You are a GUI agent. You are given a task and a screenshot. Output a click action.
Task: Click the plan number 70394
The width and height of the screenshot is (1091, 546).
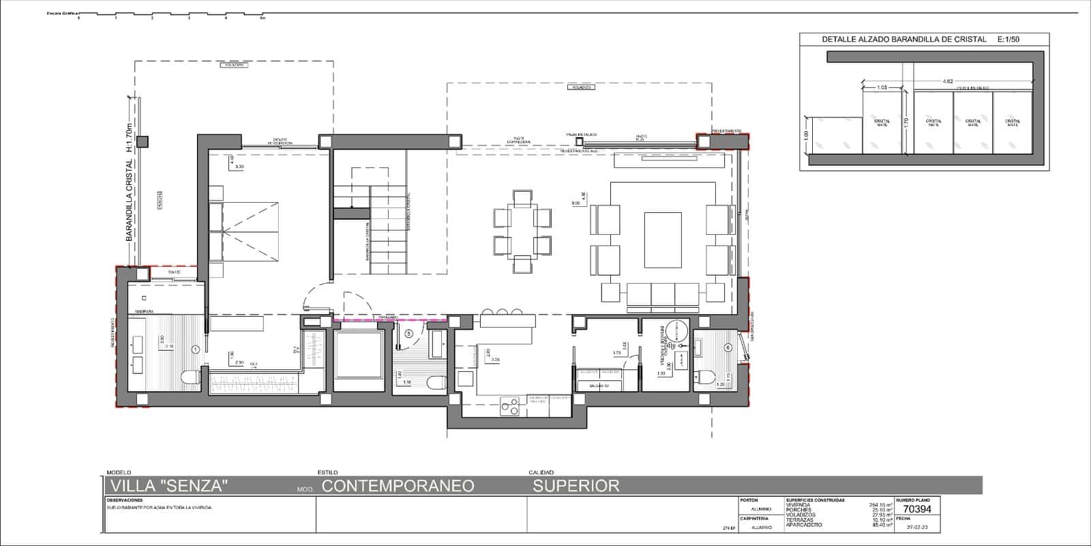tap(916, 509)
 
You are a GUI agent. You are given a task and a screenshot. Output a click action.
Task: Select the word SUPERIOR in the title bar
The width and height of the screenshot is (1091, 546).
tap(576, 486)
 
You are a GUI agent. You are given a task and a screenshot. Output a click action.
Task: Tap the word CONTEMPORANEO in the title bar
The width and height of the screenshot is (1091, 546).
tap(398, 486)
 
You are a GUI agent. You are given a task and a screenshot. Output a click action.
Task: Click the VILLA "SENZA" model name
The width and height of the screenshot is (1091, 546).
tap(168, 486)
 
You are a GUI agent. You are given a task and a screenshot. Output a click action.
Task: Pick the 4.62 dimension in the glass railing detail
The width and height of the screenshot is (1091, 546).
tap(947, 81)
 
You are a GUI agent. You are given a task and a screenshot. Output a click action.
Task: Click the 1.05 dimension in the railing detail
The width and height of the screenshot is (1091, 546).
tap(882, 87)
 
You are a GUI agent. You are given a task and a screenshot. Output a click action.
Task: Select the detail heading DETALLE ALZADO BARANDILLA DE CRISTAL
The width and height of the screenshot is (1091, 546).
tap(904, 40)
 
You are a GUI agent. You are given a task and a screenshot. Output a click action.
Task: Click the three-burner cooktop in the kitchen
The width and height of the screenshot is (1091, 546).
tap(509, 407)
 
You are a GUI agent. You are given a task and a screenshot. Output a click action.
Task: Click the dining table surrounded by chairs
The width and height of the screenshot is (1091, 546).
tap(522, 231)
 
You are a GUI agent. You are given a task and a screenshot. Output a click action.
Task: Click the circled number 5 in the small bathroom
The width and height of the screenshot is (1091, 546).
tap(408, 333)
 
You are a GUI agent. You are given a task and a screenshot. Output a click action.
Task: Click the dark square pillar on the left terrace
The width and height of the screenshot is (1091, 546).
tap(143, 142)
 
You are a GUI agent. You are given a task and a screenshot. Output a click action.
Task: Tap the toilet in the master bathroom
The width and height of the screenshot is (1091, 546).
tap(190, 377)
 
